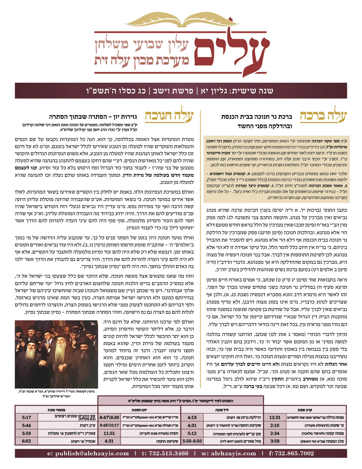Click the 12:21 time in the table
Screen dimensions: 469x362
click(x=275, y=418)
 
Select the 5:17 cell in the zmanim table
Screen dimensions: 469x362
click(x=26, y=418)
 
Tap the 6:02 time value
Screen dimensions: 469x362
click(x=26, y=441)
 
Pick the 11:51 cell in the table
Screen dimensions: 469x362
click(x=109, y=433)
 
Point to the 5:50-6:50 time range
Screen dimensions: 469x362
click(x=192, y=441)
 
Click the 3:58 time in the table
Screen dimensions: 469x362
click(x=275, y=441)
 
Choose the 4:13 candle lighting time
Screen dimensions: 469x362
click(x=192, y=418)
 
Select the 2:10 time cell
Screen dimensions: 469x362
click(x=275, y=426)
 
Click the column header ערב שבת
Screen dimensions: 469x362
click(x=305, y=410)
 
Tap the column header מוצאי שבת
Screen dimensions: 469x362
click(x=56, y=410)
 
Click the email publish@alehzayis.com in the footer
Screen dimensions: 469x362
click(x=88, y=453)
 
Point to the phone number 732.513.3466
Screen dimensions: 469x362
click(x=165, y=453)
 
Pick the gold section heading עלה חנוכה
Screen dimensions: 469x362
click(x=169, y=117)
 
